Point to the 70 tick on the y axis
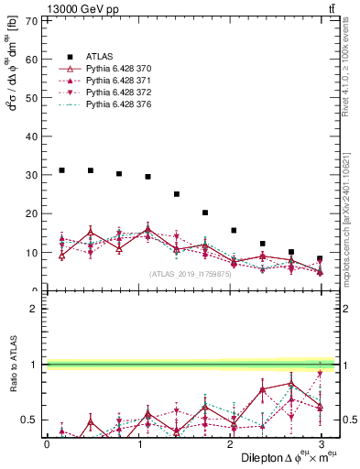point(35,18)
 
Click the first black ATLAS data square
point(61,170)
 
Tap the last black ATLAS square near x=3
point(320,258)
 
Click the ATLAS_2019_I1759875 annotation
point(190,273)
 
